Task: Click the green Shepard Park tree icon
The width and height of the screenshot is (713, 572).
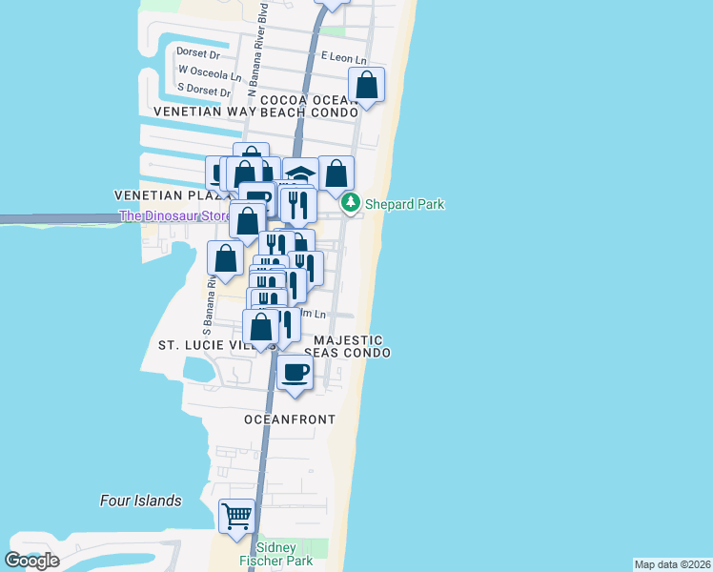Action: click(351, 203)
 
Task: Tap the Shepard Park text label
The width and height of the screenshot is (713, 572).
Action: click(402, 204)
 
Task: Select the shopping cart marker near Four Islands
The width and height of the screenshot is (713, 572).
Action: click(237, 516)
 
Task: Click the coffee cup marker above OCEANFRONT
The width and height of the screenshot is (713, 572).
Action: click(295, 370)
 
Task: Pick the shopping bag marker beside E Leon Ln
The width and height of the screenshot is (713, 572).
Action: click(366, 85)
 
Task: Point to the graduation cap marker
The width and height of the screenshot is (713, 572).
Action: click(300, 174)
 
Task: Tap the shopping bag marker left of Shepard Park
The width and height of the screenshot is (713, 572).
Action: click(336, 174)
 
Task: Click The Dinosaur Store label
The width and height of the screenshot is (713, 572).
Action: click(173, 216)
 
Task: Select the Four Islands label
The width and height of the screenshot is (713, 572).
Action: click(141, 500)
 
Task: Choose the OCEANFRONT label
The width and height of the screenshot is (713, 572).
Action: click(290, 419)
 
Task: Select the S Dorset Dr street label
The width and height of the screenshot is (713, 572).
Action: click(204, 92)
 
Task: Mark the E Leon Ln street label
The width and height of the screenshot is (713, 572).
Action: click(344, 59)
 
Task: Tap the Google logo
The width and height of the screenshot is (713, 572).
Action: click(31, 560)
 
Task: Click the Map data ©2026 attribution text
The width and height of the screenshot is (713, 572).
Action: click(672, 564)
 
